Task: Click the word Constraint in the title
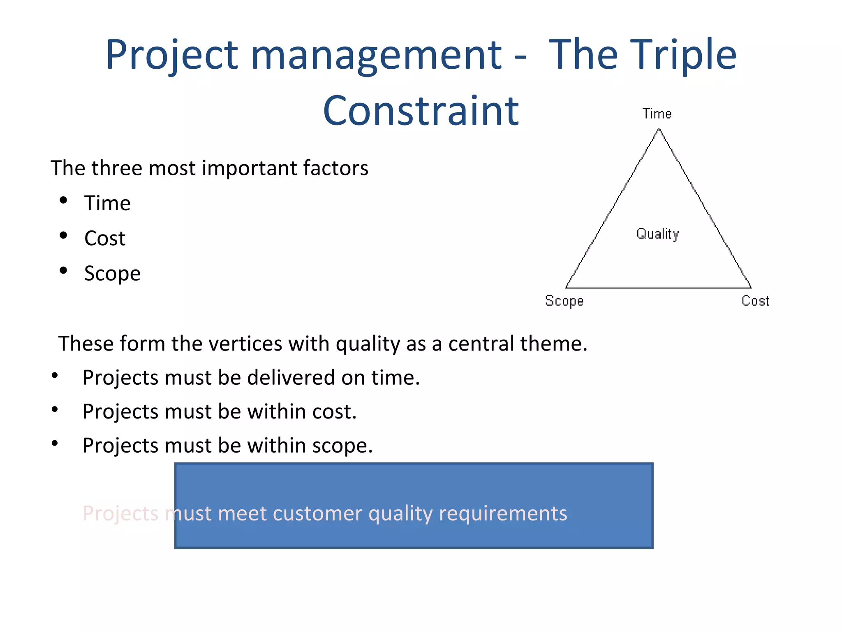coord(421,111)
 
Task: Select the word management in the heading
coord(376,54)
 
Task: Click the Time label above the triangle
coord(657,114)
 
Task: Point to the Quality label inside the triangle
coord(657,234)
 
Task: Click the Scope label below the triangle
coord(564,301)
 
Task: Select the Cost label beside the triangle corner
coord(755,301)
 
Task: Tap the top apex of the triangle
coord(659,129)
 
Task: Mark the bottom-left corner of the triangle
coord(566,288)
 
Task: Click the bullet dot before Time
coord(63,200)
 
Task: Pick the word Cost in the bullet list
coord(104,238)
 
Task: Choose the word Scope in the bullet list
coord(112,274)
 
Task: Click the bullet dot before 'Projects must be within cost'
coord(55,409)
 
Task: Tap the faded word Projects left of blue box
coord(120,513)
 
